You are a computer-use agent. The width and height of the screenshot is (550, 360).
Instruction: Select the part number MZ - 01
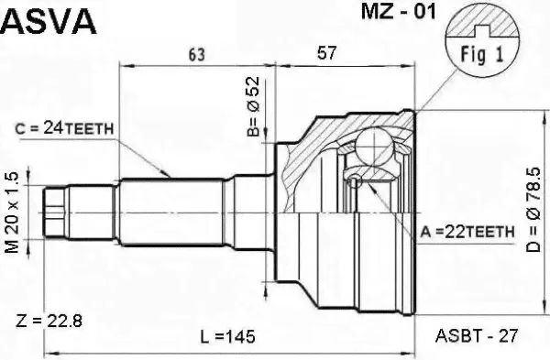pos(399,12)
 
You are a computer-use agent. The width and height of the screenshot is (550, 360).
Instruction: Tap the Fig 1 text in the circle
pos(481,54)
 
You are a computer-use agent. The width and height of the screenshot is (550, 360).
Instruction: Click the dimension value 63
pos(196,54)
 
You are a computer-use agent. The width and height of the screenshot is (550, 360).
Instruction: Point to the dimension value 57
pos(326,53)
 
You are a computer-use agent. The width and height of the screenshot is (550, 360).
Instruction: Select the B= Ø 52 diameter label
pos(253,106)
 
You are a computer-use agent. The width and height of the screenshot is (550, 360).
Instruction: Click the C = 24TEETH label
pos(64,129)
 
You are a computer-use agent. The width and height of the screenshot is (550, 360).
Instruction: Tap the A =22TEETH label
pos(467,232)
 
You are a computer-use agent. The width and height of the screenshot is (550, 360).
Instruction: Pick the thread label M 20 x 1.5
pos(12,213)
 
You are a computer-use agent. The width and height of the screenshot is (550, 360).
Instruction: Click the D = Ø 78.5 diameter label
pos(533,210)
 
